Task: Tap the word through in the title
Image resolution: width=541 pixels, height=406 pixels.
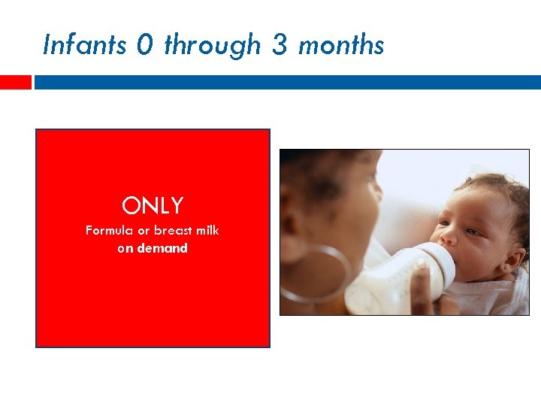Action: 212,46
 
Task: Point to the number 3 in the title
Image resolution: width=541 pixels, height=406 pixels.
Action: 279,45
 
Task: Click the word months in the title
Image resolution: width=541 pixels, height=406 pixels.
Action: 341,45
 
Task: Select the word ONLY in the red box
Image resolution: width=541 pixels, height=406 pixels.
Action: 153,206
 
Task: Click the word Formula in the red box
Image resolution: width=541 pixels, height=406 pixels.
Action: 109,230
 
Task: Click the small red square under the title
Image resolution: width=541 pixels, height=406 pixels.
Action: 15,82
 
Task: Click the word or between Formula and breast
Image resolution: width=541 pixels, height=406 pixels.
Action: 143,230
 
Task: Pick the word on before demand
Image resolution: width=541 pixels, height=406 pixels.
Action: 125,247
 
